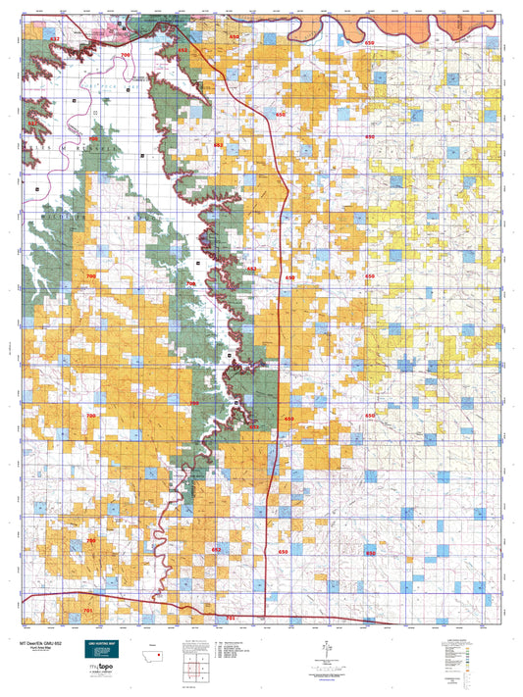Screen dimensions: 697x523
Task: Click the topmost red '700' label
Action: click(124, 56)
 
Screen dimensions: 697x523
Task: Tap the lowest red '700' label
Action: click(90, 540)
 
